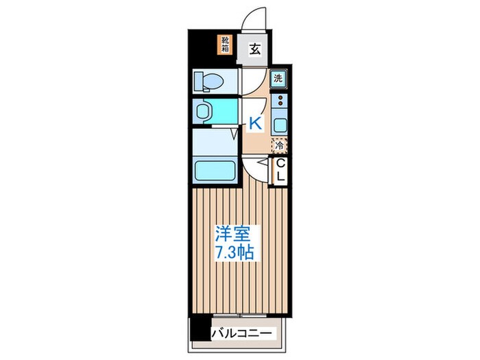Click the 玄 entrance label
coord(254,49)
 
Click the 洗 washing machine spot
coord(279,78)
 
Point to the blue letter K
coord(254,123)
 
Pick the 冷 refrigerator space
coord(279,145)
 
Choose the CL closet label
coord(280,170)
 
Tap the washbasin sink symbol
coord(204,110)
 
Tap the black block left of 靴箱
coord(204,45)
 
